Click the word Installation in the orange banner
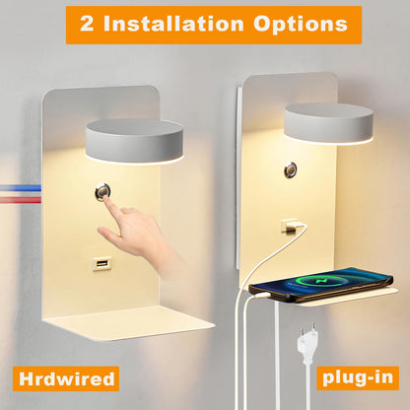click(x=173, y=24)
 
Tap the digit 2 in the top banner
click(x=87, y=24)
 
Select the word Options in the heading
click(x=301, y=25)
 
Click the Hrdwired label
click(x=67, y=378)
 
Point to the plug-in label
click(x=358, y=377)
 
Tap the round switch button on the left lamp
click(x=102, y=191)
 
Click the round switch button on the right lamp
click(x=290, y=170)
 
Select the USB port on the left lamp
click(x=102, y=263)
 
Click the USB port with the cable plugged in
click(x=290, y=226)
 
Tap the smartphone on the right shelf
click(x=320, y=285)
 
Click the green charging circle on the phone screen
click(x=315, y=281)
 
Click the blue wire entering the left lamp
click(x=21, y=188)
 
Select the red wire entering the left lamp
click(x=21, y=200)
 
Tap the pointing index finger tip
click(x=105, y=198)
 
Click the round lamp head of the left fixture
click(x=135, y=142)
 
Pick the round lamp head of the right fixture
click(x=329, y=124)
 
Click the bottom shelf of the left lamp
click(x=130, y=322)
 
